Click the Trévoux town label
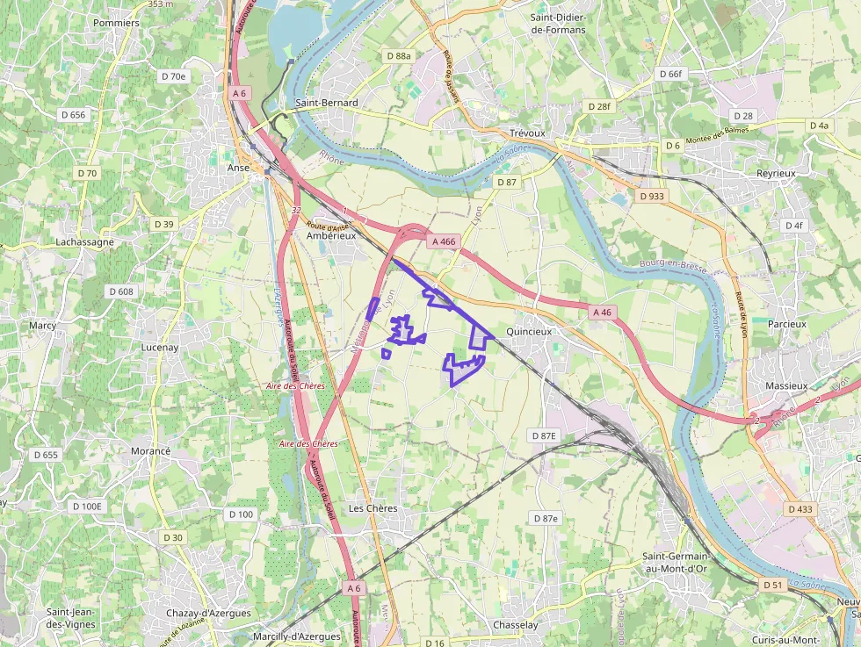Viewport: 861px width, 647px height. pos(527,133)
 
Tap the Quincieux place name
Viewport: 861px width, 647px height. pos(528,332)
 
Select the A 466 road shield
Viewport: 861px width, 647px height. pos(443,241)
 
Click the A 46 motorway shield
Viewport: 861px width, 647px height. pos(602,312)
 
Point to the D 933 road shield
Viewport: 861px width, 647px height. pos(652,196)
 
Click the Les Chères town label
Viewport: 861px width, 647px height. pos(373,508)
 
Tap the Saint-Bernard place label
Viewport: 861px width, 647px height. pos(327,103)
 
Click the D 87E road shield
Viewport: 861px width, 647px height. pos(545,435)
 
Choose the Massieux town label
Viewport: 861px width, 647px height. pos(785,385)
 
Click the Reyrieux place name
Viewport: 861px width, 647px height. pos(776,174)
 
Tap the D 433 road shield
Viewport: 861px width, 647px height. pos(800,509)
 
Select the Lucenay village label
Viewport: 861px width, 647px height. pos(160,347)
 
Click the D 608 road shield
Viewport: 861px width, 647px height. pos(121,291)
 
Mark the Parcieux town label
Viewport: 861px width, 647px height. pos(786,324)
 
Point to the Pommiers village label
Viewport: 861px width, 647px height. pos(116,23)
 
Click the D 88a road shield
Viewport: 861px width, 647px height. pos(398,56)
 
